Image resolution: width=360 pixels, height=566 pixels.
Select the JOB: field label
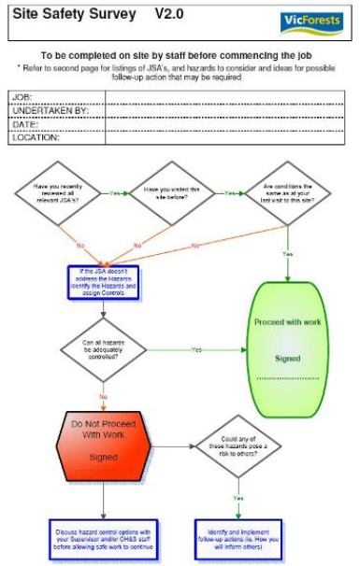point(22,96)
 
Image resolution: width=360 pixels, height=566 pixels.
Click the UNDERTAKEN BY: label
point(44,109)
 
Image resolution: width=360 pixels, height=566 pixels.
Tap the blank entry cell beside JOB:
point(224,96)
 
